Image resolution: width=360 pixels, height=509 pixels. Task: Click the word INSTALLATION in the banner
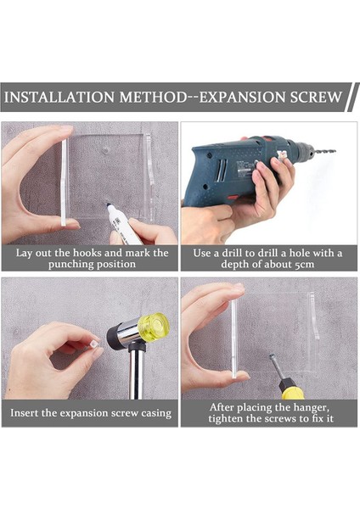click(59, 97)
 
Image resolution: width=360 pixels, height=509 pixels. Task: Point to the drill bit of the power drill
click(324, 151)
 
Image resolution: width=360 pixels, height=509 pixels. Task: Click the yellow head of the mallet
click(154, 326)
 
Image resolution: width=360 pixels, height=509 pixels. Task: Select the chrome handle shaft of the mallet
click(136, 373)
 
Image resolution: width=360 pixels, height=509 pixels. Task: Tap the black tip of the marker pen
click(109, 205)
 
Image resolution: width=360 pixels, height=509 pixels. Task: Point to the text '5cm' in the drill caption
click(305, 265)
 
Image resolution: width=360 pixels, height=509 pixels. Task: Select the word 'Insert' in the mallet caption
click(25, 413)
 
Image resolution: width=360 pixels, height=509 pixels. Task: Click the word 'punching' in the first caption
click(68, 265)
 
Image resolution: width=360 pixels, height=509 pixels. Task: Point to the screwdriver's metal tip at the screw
click(272, 356)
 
